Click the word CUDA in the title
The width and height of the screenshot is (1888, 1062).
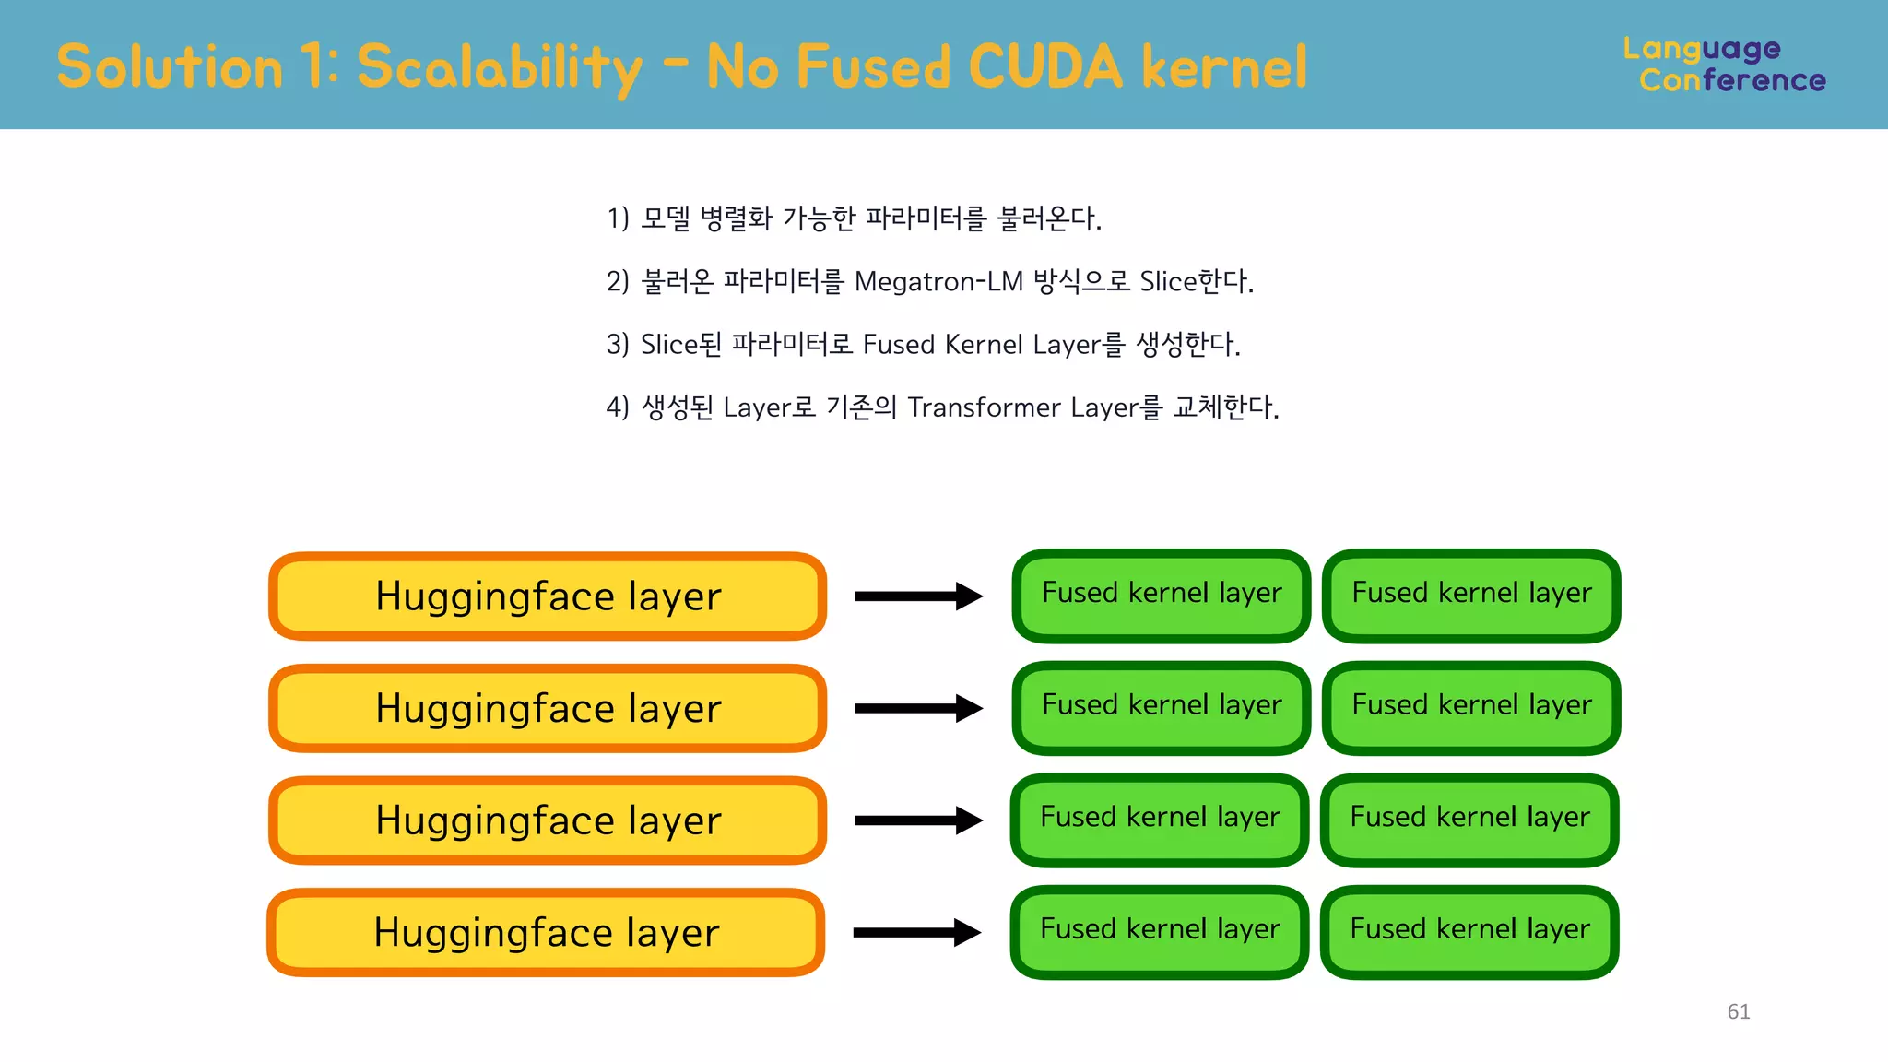point(1044,66)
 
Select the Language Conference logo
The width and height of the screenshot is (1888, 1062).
point(1723,64)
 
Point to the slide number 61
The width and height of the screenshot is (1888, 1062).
point(1739,1011)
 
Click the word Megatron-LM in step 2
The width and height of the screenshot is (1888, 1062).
point(938,281)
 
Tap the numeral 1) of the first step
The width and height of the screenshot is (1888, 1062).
point(618,218)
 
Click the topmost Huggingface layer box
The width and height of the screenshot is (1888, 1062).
point(548,596)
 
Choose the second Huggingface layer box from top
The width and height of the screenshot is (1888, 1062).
point(548,708)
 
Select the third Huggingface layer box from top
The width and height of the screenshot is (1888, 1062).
point(548,820)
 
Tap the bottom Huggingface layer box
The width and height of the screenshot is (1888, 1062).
point(546,932)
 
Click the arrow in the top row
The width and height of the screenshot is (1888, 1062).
point(918,596)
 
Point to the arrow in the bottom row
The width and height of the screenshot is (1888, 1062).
point(916,932)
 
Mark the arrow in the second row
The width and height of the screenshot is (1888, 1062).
point(918,708)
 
